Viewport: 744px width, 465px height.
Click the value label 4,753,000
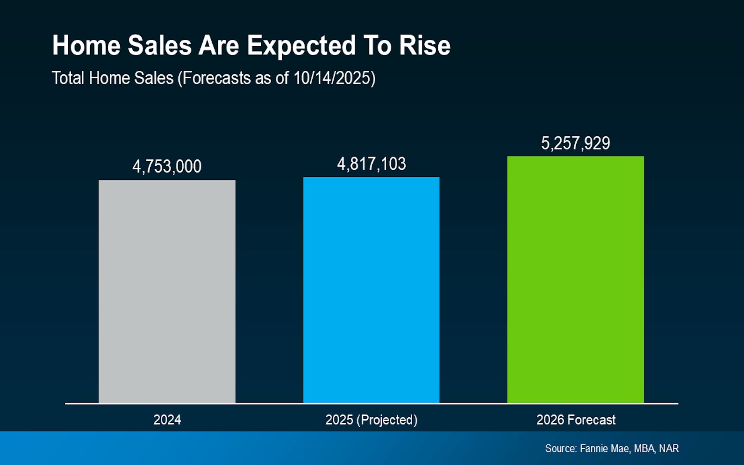click(x=167, y=167)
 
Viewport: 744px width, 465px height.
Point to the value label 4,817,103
click(x=371, y=164)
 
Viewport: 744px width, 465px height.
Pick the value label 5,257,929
click(x=575, y=143)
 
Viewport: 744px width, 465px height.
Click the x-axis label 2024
click(x=167, y=420)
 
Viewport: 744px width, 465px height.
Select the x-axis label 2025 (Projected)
click(x=371, y=420)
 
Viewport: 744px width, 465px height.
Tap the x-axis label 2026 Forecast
click(x=576, y=420)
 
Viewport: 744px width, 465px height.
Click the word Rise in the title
click(x=425, y=46)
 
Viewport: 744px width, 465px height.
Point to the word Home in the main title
click(x=86, y=46)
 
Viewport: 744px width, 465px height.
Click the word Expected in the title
click(x=301, y=46)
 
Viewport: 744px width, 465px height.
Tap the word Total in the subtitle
click(x=68, y=78)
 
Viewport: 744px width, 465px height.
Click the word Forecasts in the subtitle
click(x=217, y=78)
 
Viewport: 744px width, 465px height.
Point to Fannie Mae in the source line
click(x=604, y=448)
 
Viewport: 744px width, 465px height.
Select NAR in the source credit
click(x=669, y=448)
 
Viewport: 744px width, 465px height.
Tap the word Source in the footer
click(x=561, y=448)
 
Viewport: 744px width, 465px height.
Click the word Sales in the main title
click(x=160, y=46)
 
